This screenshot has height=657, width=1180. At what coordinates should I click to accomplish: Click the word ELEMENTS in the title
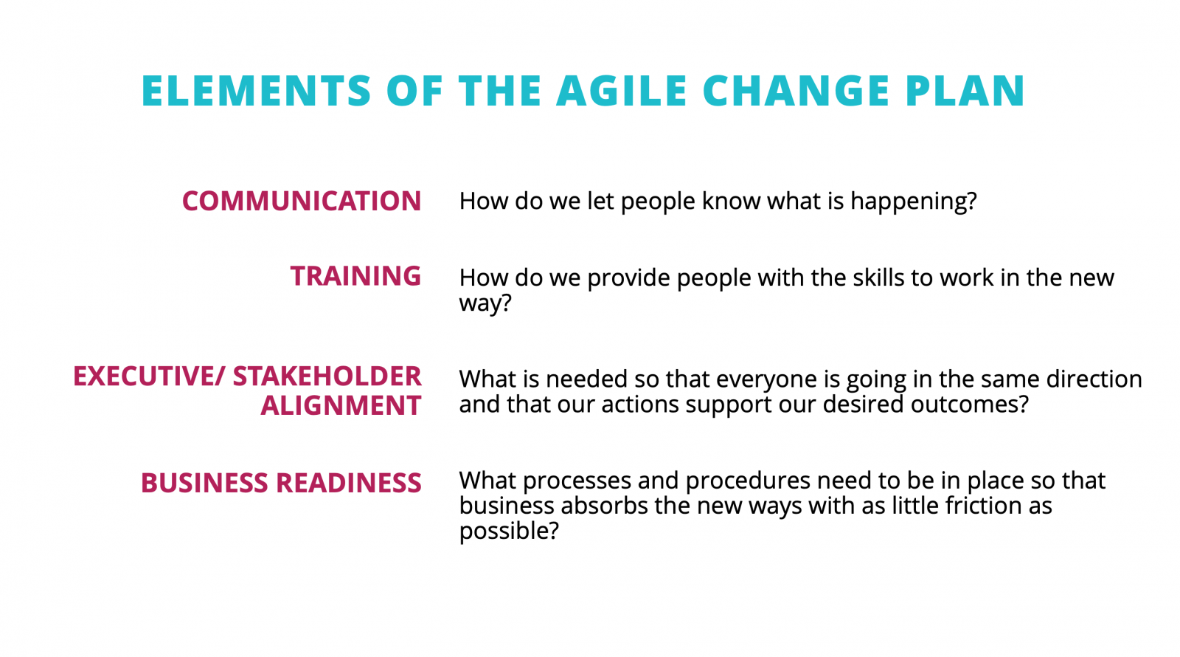coord(257,91)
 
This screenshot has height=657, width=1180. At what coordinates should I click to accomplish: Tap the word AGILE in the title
coord(622,91)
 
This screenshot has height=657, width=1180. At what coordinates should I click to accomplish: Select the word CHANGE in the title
coord(797,91)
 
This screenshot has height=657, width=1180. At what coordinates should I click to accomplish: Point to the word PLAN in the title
coord(965,91)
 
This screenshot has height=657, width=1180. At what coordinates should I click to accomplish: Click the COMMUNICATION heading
coord(302,201)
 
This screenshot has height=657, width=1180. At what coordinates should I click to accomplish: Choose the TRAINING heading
coord(356,276)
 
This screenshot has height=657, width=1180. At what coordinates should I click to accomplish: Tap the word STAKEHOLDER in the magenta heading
coord(327,376)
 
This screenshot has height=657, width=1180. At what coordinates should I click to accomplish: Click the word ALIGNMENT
coord(341,405)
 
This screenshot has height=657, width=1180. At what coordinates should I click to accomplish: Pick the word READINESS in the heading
coord(349,483)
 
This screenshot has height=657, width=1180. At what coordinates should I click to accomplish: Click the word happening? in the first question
coord(914,202)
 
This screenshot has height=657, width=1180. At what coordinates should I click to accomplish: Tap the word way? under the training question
coord(485,303)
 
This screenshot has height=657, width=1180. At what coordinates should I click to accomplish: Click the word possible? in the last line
coord(509,532)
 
